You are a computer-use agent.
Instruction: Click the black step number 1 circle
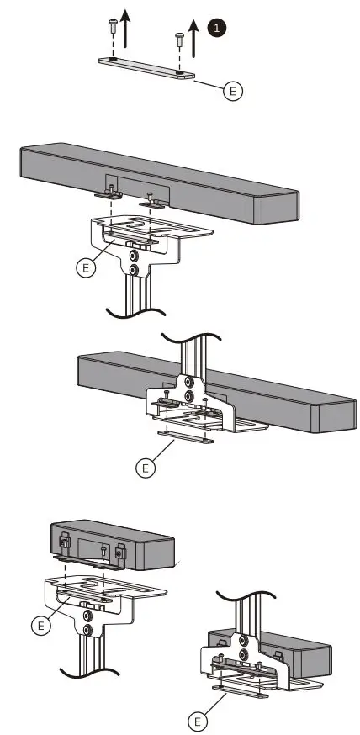[219, 29]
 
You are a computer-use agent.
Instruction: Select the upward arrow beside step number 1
[194, 38]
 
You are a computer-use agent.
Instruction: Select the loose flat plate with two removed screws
[146, 69]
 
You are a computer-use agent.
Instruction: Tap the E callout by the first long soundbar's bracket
[85, 267]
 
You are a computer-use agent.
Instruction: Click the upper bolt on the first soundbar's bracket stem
[133, 255]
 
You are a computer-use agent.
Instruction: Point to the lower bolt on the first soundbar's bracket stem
[133, 270]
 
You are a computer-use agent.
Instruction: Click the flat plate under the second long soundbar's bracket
[185, 436]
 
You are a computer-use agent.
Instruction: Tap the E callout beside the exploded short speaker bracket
[38, 625]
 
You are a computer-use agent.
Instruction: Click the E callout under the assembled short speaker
[199, 722]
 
